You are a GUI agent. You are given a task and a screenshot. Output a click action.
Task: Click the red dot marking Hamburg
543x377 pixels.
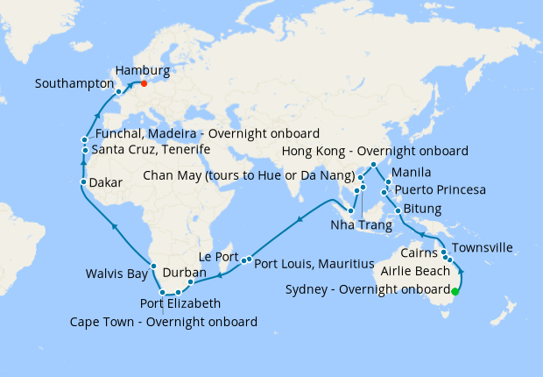[144, 84]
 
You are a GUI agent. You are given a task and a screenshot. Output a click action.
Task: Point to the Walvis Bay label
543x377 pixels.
[116, 274]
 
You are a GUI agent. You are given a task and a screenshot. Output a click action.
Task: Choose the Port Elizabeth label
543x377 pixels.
[180, 304]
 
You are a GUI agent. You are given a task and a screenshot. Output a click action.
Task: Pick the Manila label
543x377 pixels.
[412, 171]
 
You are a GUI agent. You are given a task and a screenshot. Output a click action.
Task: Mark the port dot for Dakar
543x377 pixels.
[83, 182]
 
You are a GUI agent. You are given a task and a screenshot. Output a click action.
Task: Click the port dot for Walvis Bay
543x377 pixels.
[153, 267]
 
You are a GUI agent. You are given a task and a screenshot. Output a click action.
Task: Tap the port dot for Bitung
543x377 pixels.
[398, 210]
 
